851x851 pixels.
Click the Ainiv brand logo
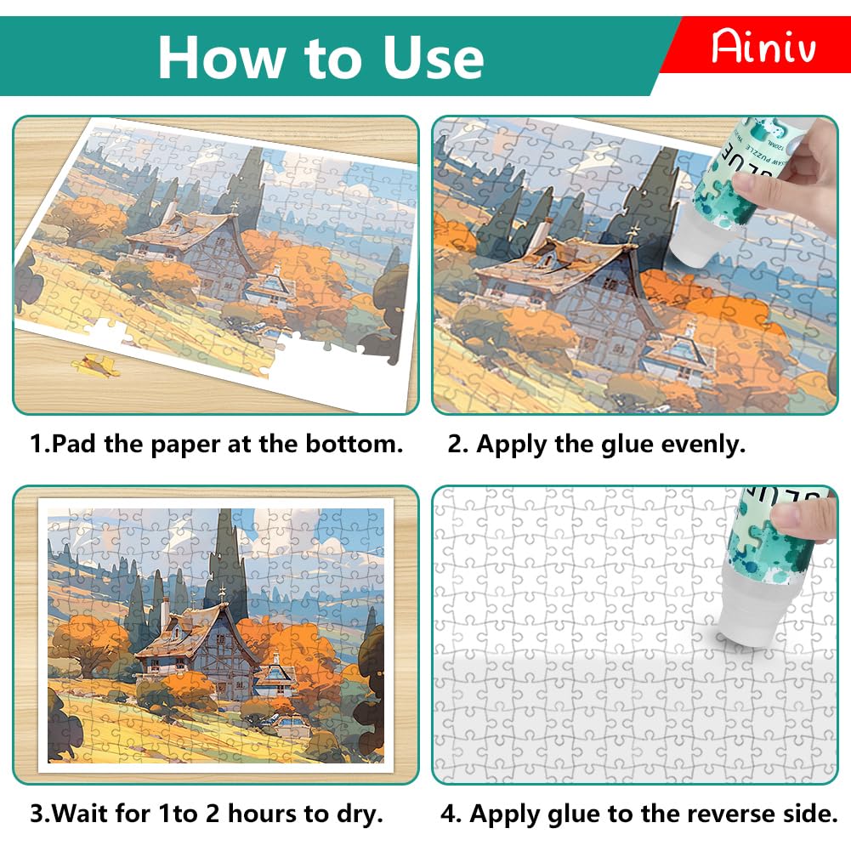pos(763,46)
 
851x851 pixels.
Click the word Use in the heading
pos(433,58)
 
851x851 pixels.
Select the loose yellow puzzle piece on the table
pos(97,365)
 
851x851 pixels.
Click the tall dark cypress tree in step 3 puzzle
pos(229,559)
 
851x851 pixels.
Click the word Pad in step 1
pos(74,444)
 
